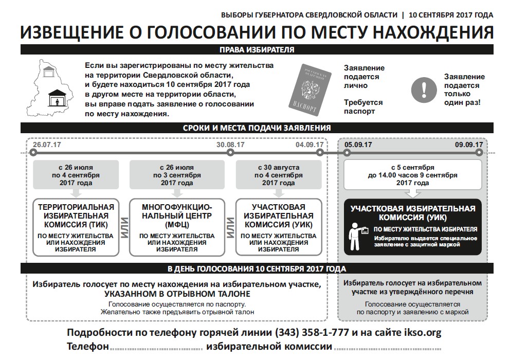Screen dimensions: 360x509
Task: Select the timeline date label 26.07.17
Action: pyautogui.click(x=47, y=145)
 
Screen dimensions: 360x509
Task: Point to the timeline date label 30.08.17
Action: pyautogui.click(x=230, y=145)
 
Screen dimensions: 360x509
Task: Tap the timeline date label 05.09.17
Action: pyautogui.click(x=358, y=145)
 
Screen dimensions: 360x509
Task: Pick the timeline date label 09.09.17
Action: pyautogui.click(x=468, y=145)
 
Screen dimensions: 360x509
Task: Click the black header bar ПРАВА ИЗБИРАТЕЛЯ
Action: pyautogui.click(x=257, y=50)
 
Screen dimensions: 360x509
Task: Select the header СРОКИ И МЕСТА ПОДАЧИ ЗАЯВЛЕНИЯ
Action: pyautogui.click(x=257, y=128)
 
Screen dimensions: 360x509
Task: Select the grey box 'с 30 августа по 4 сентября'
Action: pyautogui.click(x=278, y=175)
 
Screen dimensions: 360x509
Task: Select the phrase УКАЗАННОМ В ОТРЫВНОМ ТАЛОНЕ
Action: pyautogui.click(x=177, y=294)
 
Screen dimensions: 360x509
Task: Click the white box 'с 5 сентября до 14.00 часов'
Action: pyautogui.click(x=412, y=175)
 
